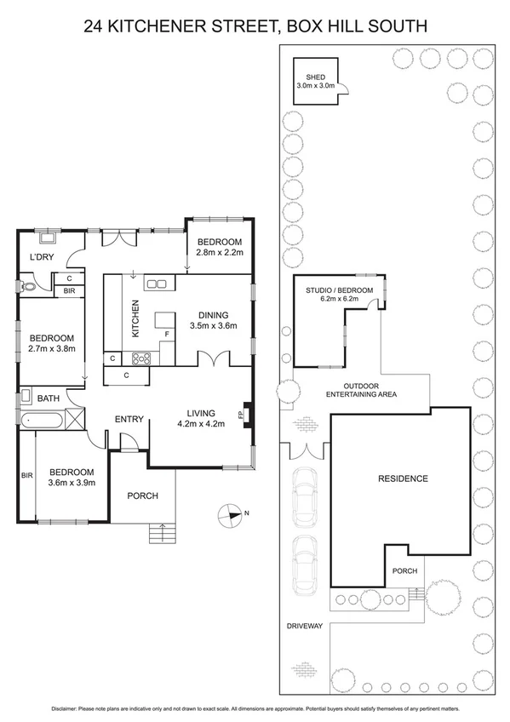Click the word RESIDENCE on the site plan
click(403, 478)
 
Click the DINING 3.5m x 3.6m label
click(213, 318)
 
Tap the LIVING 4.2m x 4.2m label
click(200, 418)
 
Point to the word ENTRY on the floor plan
click(129, 418)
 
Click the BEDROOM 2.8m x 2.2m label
click(220, 247)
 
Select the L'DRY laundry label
click(40, 258)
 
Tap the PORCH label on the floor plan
click(142, 496)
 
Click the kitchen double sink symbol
click(156, 284)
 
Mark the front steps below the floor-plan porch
click(160, 534)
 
